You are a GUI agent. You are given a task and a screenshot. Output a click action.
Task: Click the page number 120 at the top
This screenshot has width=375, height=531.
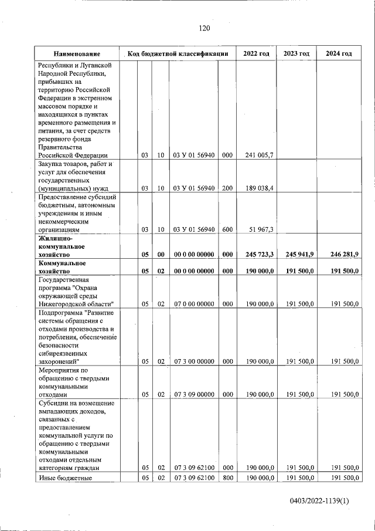(204, 28)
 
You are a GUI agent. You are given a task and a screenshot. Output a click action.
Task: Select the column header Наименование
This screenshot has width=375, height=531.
(77, 54)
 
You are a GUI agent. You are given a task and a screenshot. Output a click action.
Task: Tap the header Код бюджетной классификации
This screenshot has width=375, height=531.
(178, 54)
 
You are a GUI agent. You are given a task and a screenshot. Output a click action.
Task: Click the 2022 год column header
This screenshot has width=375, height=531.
(256, 54)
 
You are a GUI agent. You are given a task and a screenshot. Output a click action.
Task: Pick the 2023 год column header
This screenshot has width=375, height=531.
(296, 54)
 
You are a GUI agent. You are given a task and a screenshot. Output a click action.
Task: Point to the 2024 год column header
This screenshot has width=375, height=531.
(338, 54)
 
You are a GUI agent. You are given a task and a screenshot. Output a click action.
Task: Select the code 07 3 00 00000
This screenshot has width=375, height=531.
(194, 361)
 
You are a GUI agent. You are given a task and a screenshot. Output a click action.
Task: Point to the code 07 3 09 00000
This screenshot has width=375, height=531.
(194, 395)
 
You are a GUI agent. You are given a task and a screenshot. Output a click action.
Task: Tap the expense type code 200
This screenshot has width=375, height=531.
(227, 188)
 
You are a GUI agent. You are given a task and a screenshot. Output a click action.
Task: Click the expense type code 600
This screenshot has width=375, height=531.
(227, 230)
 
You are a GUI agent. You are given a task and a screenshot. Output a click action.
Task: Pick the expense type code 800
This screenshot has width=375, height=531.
(227, 479)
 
